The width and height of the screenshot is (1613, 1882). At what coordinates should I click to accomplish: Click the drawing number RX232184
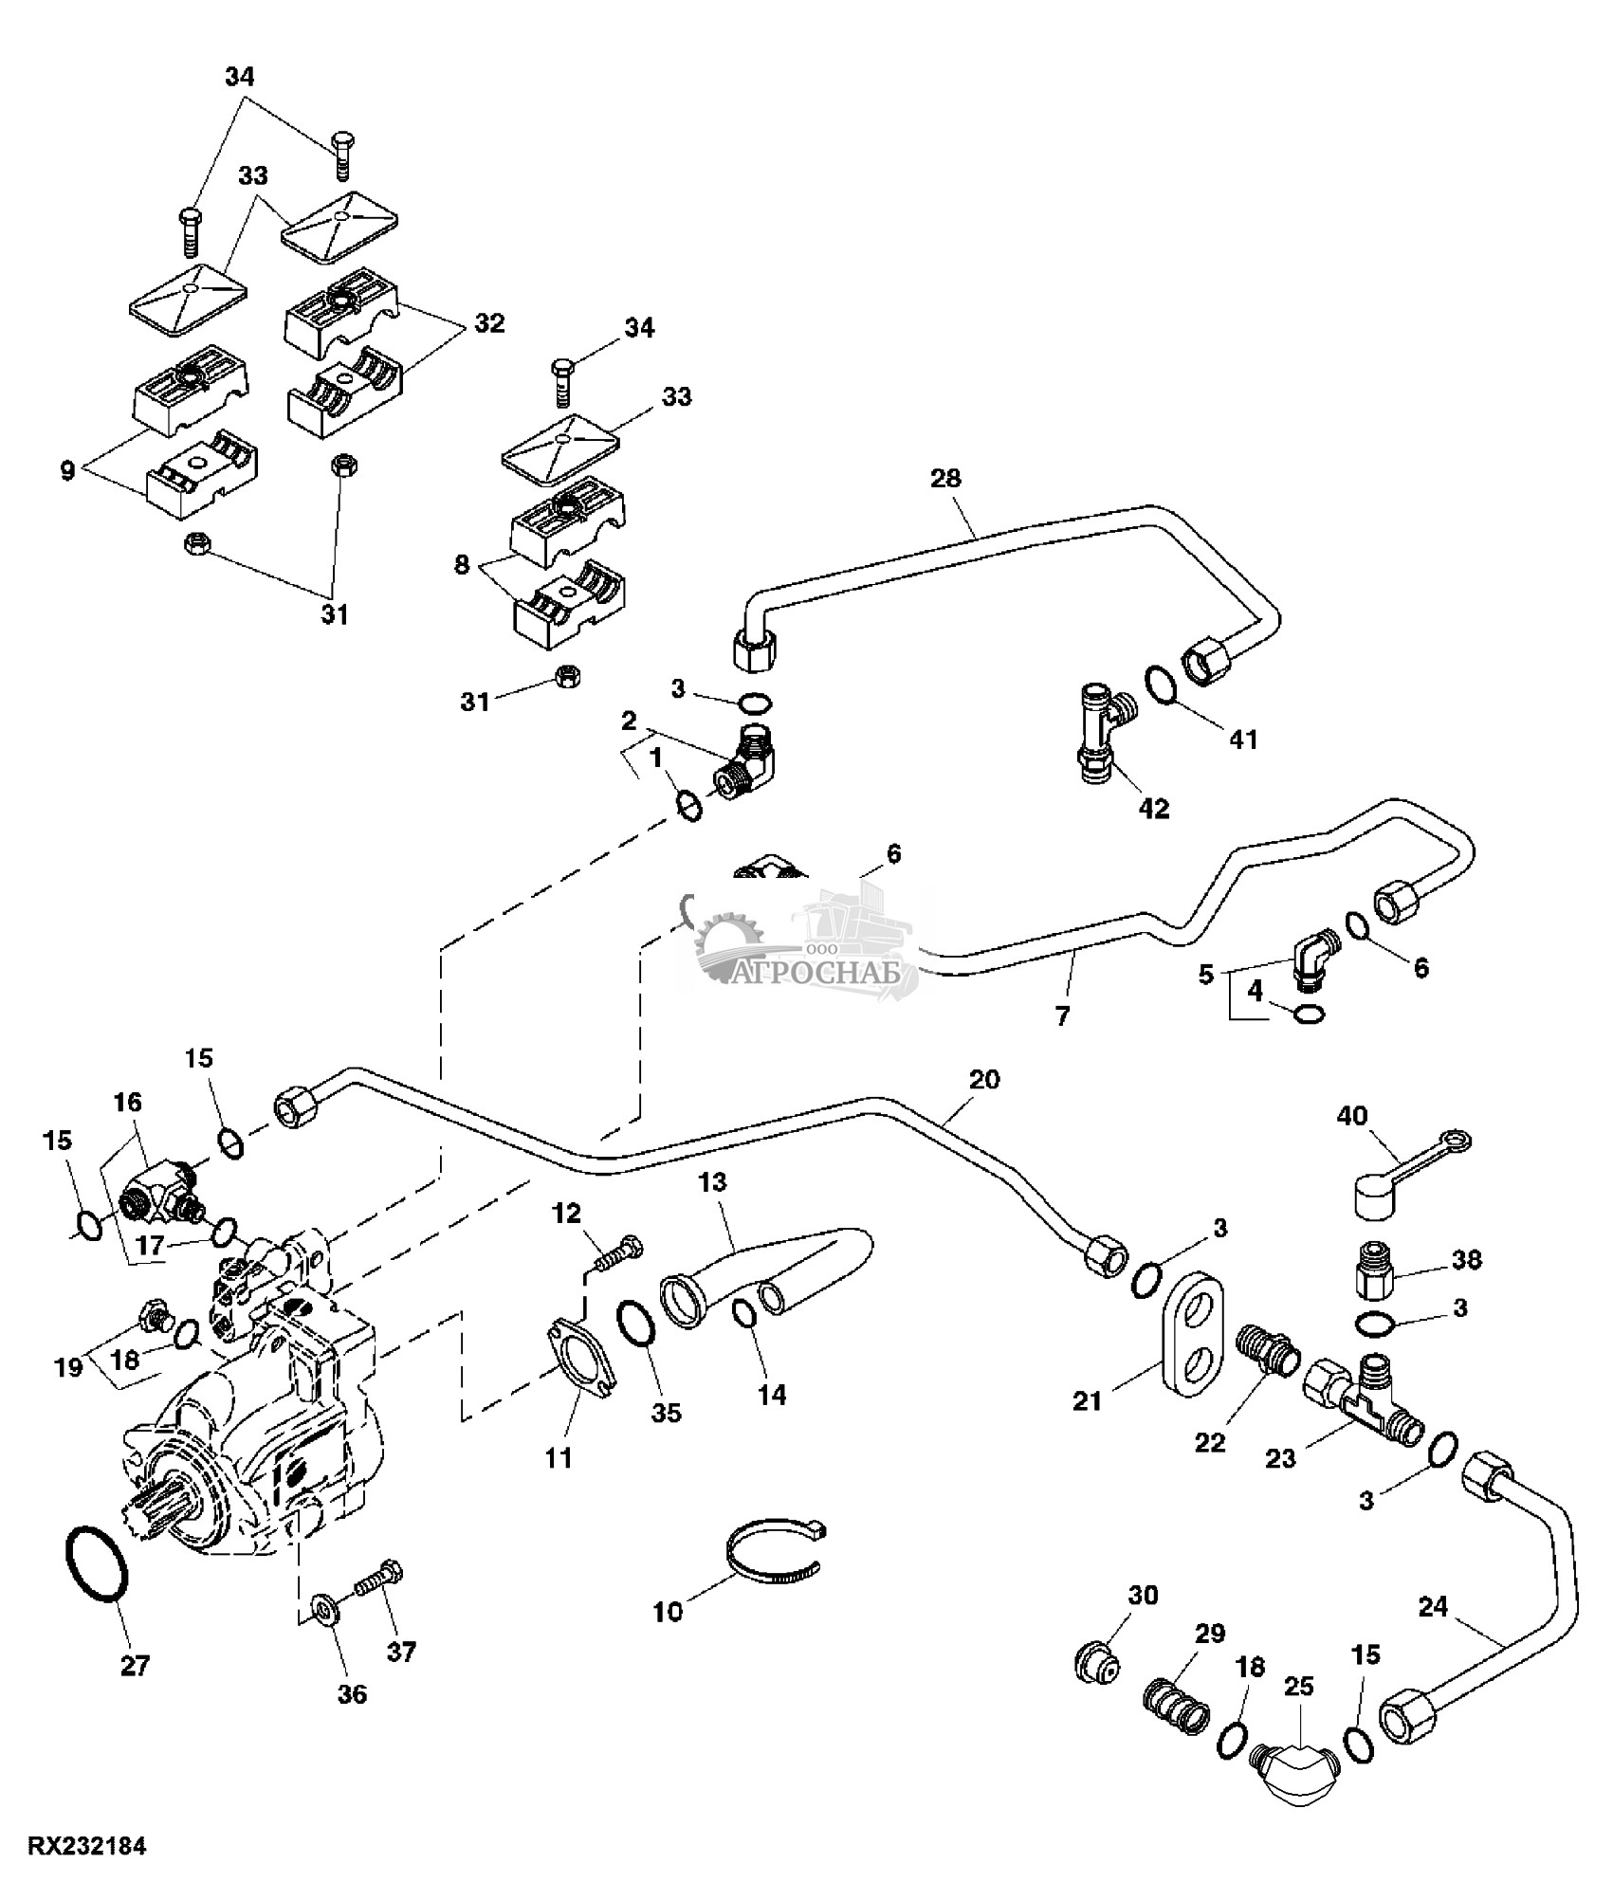[x=87, y=1847]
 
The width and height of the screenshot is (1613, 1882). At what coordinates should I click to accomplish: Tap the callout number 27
[x=135, y=1665]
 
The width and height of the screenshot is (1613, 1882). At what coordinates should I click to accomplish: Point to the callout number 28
[x=945, y=478]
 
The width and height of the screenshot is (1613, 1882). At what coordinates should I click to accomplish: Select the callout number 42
[x=1154, y=809]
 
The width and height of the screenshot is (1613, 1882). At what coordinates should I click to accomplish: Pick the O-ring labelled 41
[x=1160, y=685]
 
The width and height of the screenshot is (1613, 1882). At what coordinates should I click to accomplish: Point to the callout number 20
[x=984, y=1079]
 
